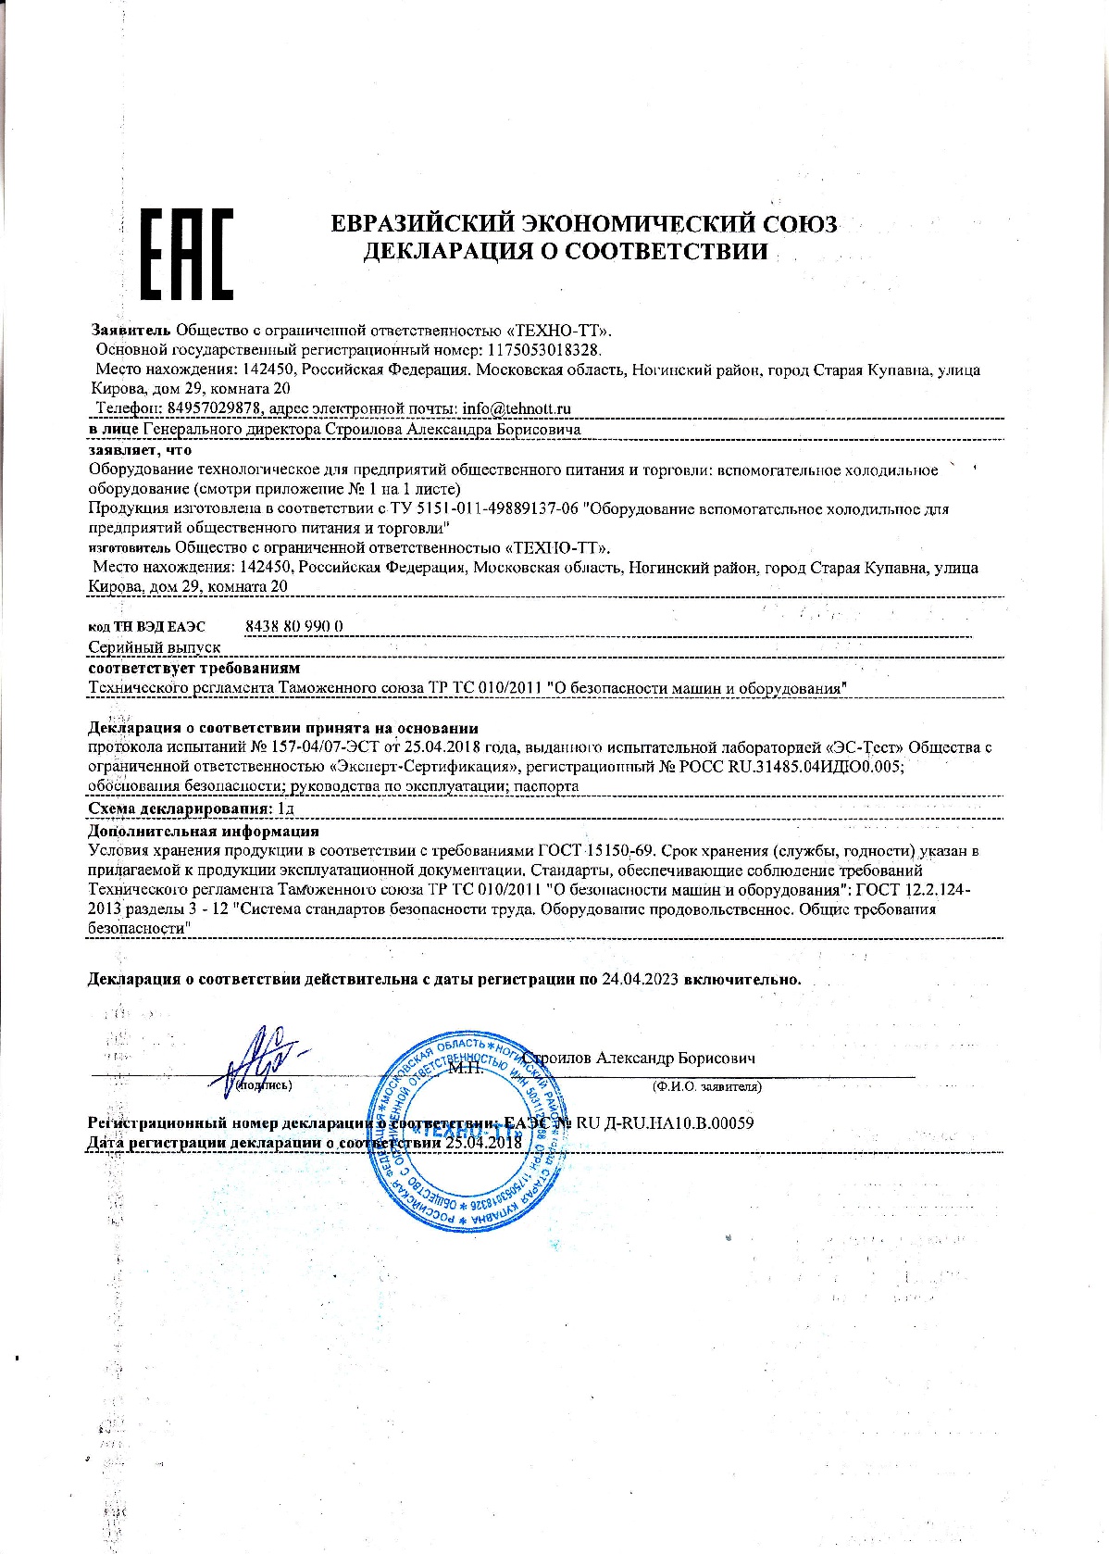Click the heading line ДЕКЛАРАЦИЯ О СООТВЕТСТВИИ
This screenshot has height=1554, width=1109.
click(x=565, y=251)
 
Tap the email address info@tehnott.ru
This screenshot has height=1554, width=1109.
click(x=517, y=408)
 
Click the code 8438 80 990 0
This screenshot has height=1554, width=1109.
click(x=294, y=626)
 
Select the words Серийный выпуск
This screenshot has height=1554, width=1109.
click(x=155, y=647)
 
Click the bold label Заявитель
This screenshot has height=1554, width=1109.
click(x=131, y=330)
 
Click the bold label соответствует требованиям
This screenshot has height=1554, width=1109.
click(x=194, y=668)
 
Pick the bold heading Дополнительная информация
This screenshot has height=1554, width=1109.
click(x=204, y=832)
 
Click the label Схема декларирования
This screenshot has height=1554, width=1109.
click(x=180, y=809)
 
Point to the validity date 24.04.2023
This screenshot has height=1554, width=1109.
click(x=640, y=979)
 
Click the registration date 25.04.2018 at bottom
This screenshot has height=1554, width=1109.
click(x=483, y=1143)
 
